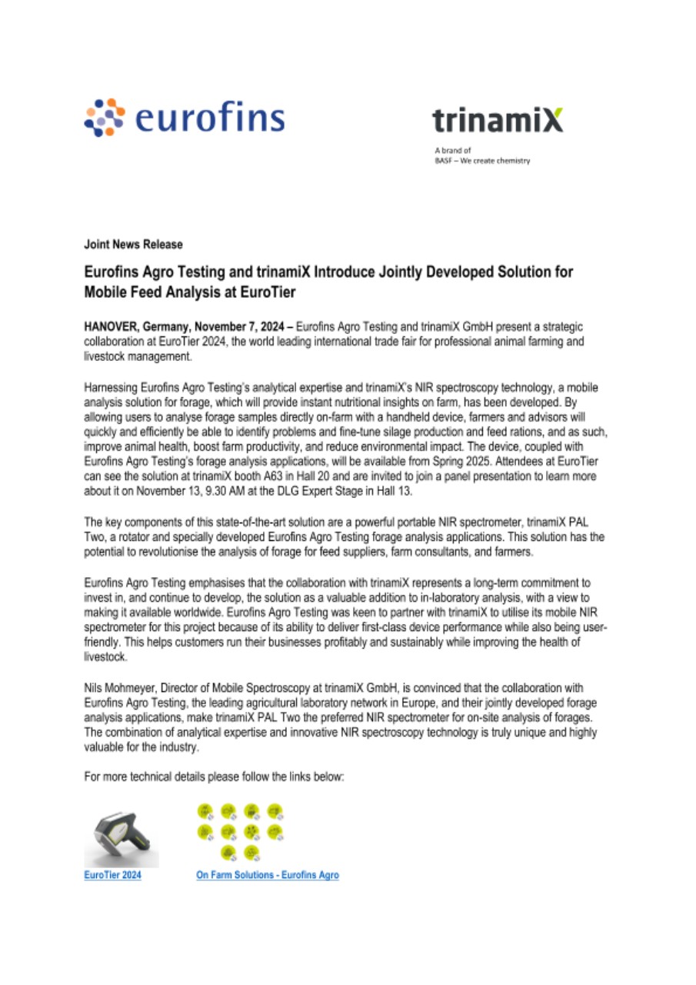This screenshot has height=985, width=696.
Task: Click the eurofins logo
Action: pos(184,118)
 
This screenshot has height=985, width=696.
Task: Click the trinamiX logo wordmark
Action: pos(497,121)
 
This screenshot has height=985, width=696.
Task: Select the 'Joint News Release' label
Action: pos(133,244)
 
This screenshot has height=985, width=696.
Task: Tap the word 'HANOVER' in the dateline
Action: pos(108,326)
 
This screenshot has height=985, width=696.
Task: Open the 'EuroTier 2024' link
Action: pos(112,875)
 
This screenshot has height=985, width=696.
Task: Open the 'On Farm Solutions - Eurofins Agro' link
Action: pos(268,875)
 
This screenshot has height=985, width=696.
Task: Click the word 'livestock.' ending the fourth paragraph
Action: pos(98,659)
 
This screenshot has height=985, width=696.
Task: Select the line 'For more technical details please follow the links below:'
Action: pos(214,776)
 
